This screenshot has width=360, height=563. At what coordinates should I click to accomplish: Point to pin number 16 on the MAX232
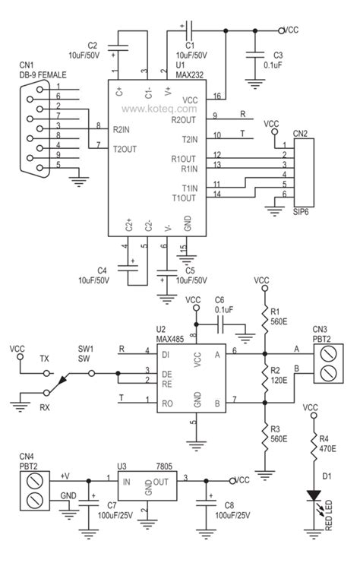coord(217,96)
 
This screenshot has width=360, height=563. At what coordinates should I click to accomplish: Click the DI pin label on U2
coord(167,353)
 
